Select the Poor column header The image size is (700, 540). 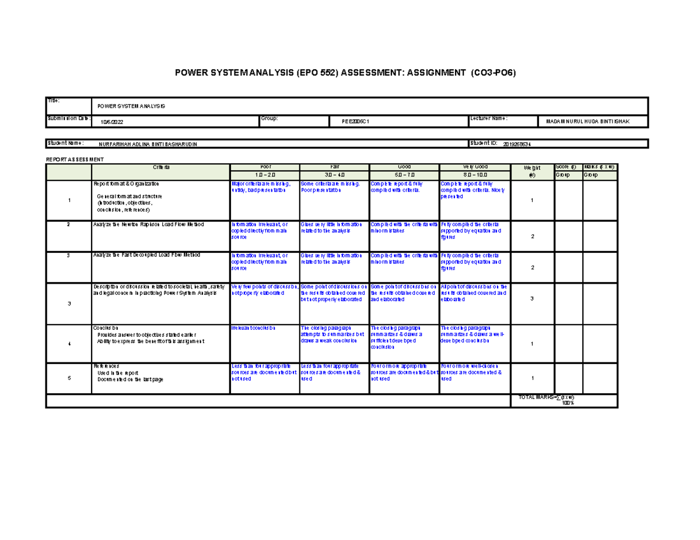[x=264, y=167]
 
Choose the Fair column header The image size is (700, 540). [x=334, y=167]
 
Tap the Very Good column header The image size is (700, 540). [x=473, y=167]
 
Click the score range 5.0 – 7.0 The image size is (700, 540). [x=403, y=175]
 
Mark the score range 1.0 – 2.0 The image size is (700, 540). [x=264, y=175]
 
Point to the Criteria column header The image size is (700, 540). [x=161, y=167]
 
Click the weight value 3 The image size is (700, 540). [x=531, y=298]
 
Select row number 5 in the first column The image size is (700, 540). [x=69, y=378]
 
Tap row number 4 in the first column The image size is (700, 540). [x=69, y=344]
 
